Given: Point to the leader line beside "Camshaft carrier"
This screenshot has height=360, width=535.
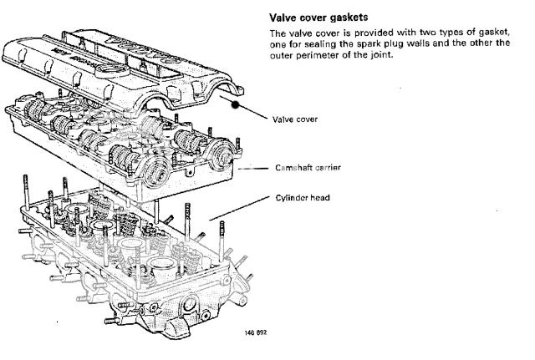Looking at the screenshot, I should click(257, 167).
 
